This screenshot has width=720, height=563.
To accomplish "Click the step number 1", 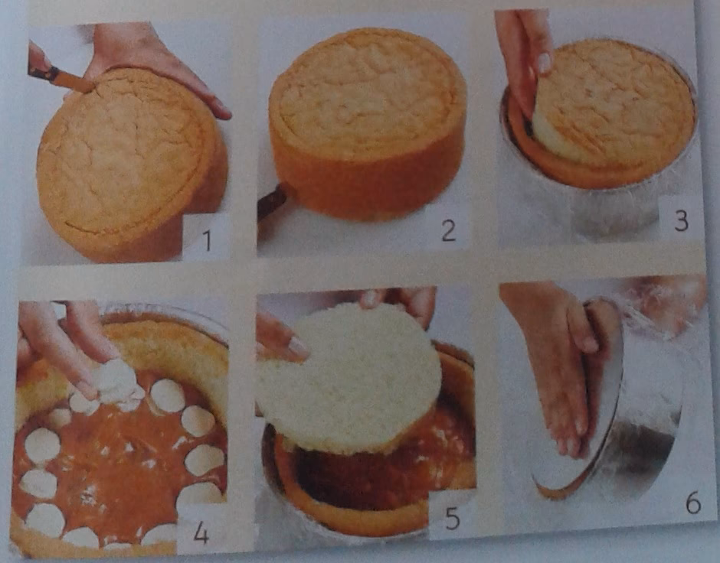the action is tap(207, 239).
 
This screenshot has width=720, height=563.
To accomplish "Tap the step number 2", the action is tap(449, 230).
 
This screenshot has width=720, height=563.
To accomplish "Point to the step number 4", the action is tap(201, 532).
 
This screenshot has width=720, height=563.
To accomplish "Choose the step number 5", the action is tap(452, 518).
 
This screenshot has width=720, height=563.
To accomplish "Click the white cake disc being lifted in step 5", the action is tap(349, 378).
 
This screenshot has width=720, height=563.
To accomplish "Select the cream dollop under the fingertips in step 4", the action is tap(114, 382).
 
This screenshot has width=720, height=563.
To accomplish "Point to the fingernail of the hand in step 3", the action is tap(544, 63).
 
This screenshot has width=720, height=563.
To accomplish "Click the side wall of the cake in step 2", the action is tap(363, 184).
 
